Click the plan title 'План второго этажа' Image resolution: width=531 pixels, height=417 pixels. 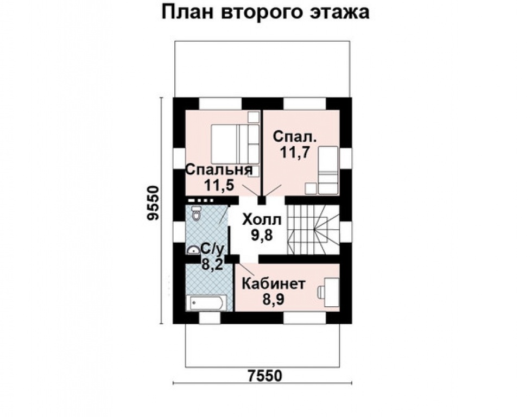[x=265, y=12]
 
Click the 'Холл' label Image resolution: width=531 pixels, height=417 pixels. [x=262, y=220]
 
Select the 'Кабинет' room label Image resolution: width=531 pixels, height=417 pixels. [x=274, y=284]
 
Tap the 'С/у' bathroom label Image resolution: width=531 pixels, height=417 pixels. [x=212, y=249]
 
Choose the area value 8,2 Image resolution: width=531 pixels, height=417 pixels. [x=211, y=264]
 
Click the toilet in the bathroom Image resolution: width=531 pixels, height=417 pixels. [x=196, y=215]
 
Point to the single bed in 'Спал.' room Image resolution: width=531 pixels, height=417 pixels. [x=327, y=169]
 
